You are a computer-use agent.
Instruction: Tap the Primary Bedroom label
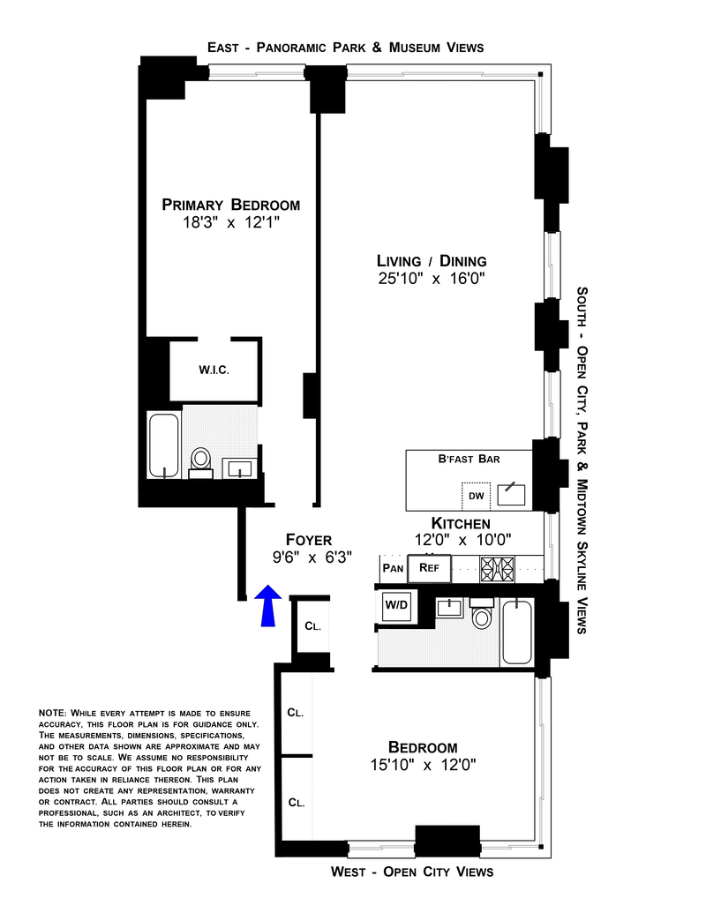[x=230, y=205]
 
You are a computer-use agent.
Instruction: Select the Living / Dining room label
[x=432, y=261]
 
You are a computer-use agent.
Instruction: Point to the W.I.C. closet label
[x=214, y=370]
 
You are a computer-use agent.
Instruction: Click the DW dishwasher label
[x=477, y=496]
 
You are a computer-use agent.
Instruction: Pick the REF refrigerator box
[x=429, y=567]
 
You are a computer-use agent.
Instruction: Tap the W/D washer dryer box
[x=394, y=605]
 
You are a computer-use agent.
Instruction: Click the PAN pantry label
[x=393, y=568]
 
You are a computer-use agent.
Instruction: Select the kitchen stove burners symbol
[x=497, y=566]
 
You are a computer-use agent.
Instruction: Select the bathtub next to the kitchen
[x=517, y=631]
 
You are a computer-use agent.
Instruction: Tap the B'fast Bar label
[x=468, y=459]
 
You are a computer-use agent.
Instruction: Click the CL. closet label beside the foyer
[x=312, y=625]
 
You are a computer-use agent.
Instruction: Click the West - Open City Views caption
[x=412, y=872]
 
